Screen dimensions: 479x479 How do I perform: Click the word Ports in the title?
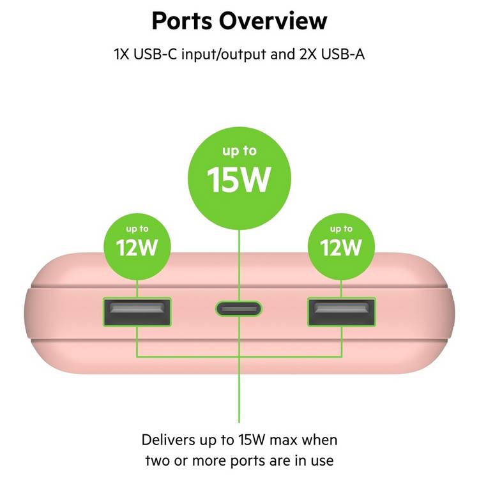[x=182, y=21]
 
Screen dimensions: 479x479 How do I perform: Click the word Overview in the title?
[x=273, y=21]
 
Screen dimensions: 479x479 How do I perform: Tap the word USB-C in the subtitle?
[x=155, y=54]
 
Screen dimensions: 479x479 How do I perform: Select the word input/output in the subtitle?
[x=224, y=55]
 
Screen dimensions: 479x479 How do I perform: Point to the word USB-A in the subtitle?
[x=343, y=54]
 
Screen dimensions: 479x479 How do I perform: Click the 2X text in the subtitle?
[x=308, y=54]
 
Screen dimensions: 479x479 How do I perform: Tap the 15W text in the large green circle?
[x=239, y=179]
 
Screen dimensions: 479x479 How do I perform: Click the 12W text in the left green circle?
[x=137, y=247]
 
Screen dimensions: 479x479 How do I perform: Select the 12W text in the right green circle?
[x=341, y=247]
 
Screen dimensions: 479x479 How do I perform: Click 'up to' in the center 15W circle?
[x=240, y=151]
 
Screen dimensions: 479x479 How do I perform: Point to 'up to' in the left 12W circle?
[x=137, y=229]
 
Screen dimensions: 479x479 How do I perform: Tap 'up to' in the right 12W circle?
[x=341, y=229]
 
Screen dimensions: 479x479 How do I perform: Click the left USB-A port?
[x=137, y=312]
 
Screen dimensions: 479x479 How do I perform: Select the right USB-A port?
[x=342, y=312]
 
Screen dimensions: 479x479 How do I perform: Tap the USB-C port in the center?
[x=239, y=308]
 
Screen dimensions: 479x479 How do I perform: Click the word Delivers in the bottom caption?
[x=168, y=440]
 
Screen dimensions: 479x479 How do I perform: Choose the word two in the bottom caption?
[x=157, y=461]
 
